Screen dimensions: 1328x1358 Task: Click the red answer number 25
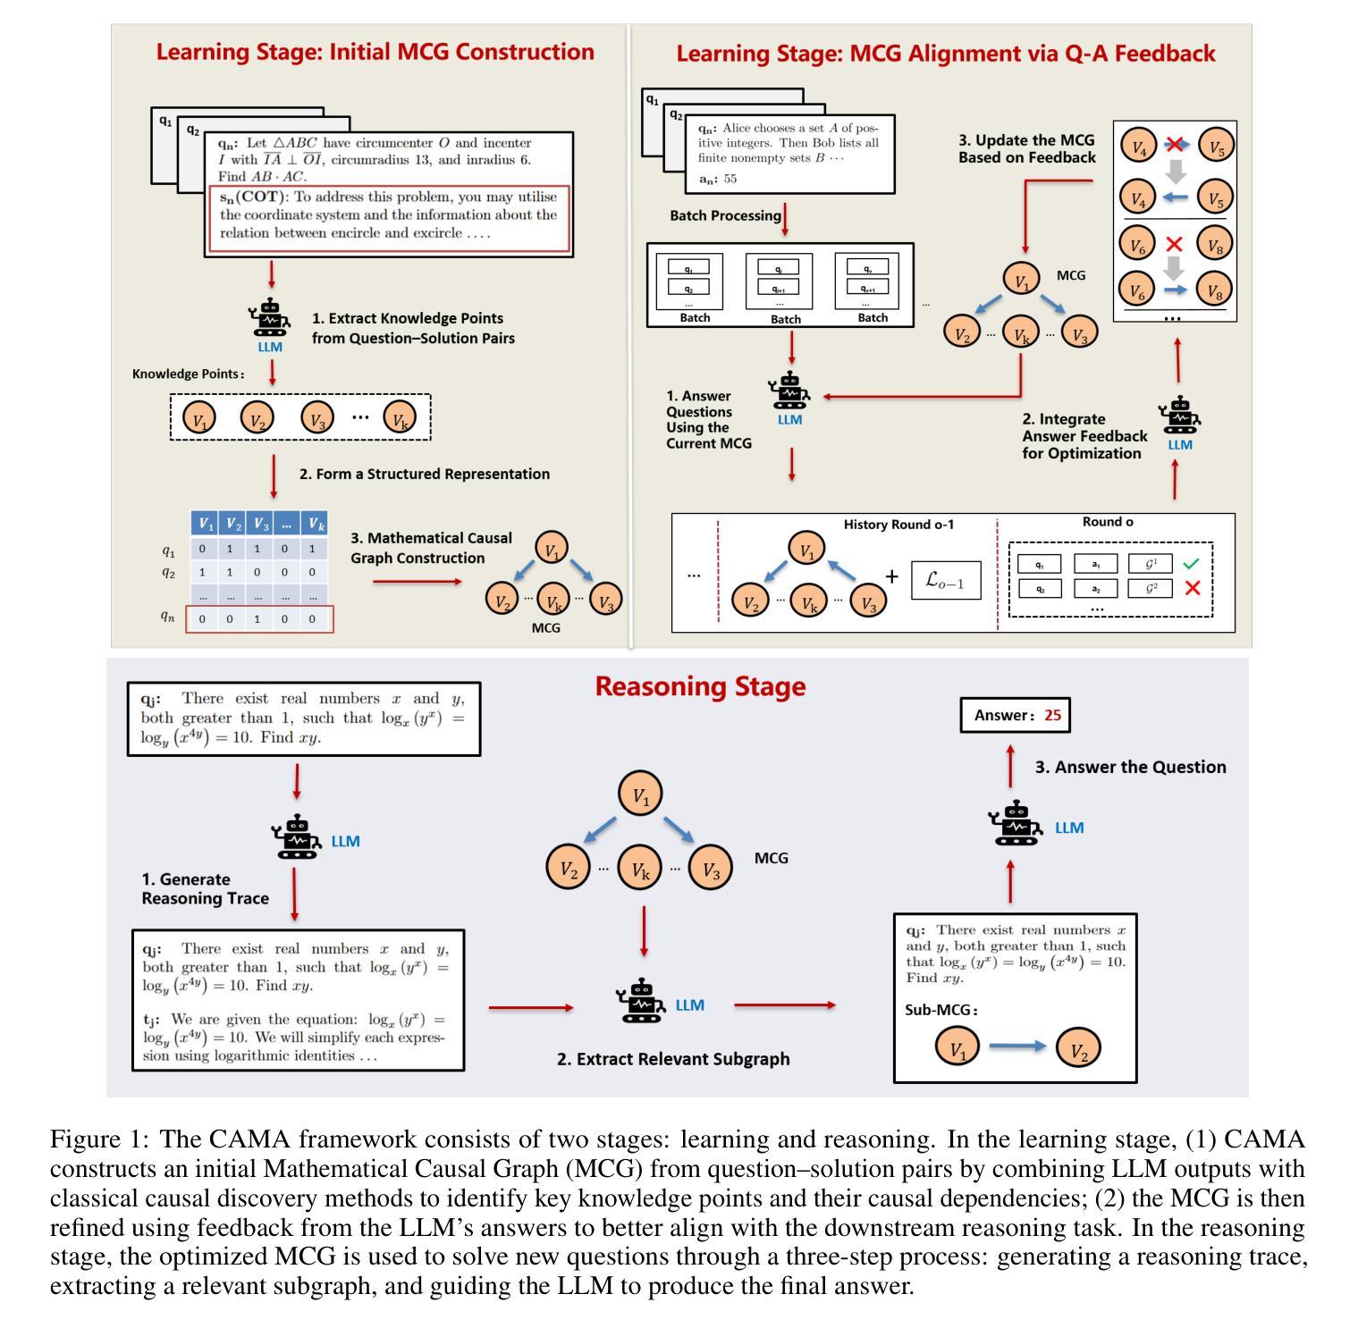[x=1052, y=715]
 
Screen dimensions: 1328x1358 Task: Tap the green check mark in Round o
[x=1191, y=563]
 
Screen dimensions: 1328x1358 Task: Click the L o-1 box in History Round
[x=945, y=580]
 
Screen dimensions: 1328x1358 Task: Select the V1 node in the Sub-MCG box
[x=957, y=1048]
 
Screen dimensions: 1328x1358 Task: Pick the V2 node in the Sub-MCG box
[x=1078, y=1048]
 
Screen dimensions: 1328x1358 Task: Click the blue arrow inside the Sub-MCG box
[x=1017, y=1046]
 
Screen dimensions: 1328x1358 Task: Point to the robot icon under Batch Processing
[x=789, y=391]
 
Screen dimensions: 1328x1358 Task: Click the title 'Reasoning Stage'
[x=700, y=686]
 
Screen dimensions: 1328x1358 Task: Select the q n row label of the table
[x=167, y=617]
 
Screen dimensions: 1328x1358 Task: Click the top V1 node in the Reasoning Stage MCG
[x=641, y=793]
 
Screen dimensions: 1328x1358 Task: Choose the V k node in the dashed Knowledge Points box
[x=399, y=417]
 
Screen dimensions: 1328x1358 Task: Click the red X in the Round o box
[x=1191, y=588]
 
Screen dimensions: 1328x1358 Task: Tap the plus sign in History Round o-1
[x=891, y=577]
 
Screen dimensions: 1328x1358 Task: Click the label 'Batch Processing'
[x=725, y=215]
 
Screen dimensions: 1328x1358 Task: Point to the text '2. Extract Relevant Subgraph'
[x=673, y=1058]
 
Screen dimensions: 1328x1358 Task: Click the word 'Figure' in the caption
[x=84, y=1139]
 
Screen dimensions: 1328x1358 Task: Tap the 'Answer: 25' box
[x=1015, y=715]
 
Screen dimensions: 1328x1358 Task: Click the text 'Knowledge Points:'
[x=188, y=374]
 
